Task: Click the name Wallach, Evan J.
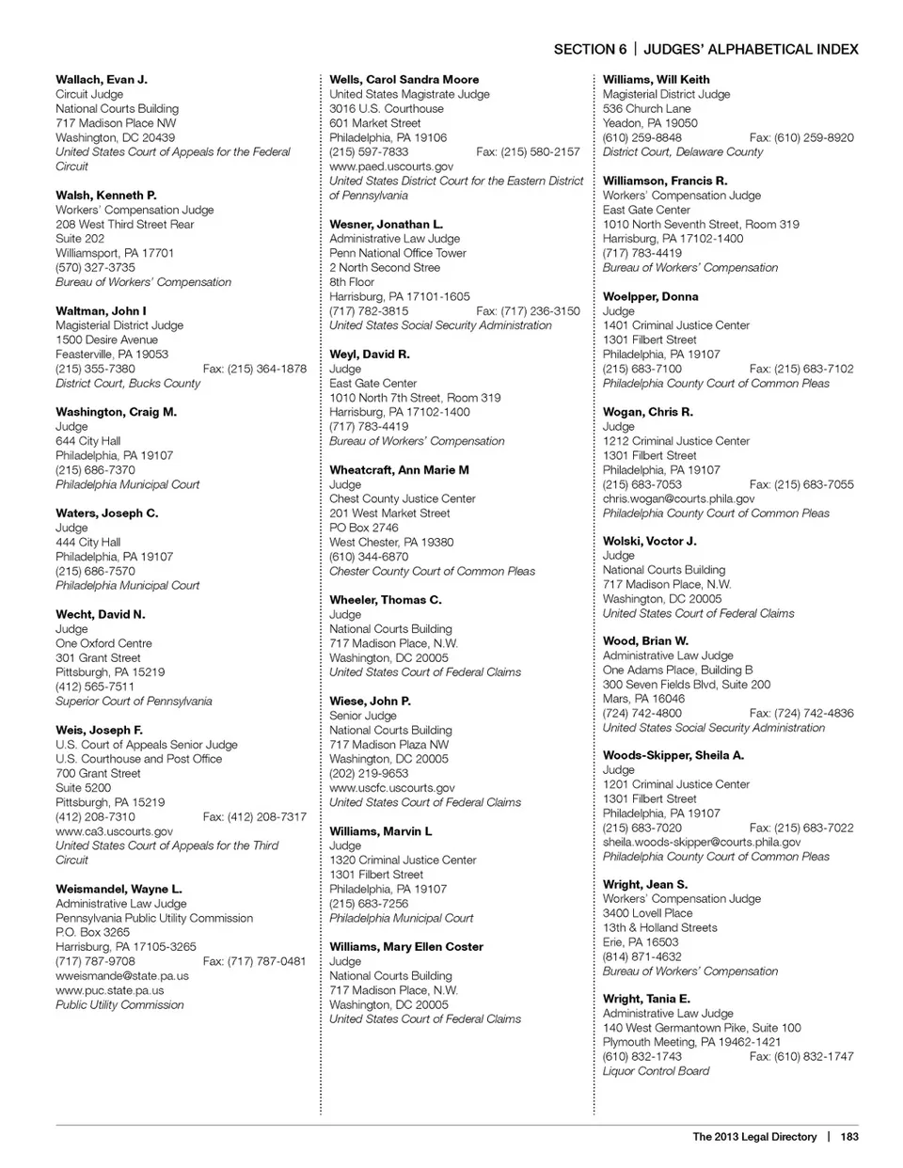[x=102, y=80]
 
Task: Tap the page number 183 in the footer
[x=849, y=1136]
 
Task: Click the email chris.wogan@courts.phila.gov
[x=678, y=498]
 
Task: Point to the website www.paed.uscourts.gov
[x=391, y=166]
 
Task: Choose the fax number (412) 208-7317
[x=254, y=817]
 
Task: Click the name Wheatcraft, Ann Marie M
[x=399, y=470]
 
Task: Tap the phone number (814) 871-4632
[x=642, y=956]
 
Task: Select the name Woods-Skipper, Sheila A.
[x=673, y=755]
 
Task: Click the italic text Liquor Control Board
[x=656, y=1071]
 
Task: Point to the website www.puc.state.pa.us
[x=109, y=990]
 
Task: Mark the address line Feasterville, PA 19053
[x=112, y=355]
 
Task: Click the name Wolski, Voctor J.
[x=650, y=541]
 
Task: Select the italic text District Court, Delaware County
[x=683, y=151]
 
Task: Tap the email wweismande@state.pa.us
[x=122, y=975]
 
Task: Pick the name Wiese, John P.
[x=370, y=702]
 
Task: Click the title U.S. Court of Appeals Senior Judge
[x=147, y=745]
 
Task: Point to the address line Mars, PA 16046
[x=643, y=699]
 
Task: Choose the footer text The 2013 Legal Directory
[x=754, y=1136]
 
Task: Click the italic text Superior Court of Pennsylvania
[x=134, y=702]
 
